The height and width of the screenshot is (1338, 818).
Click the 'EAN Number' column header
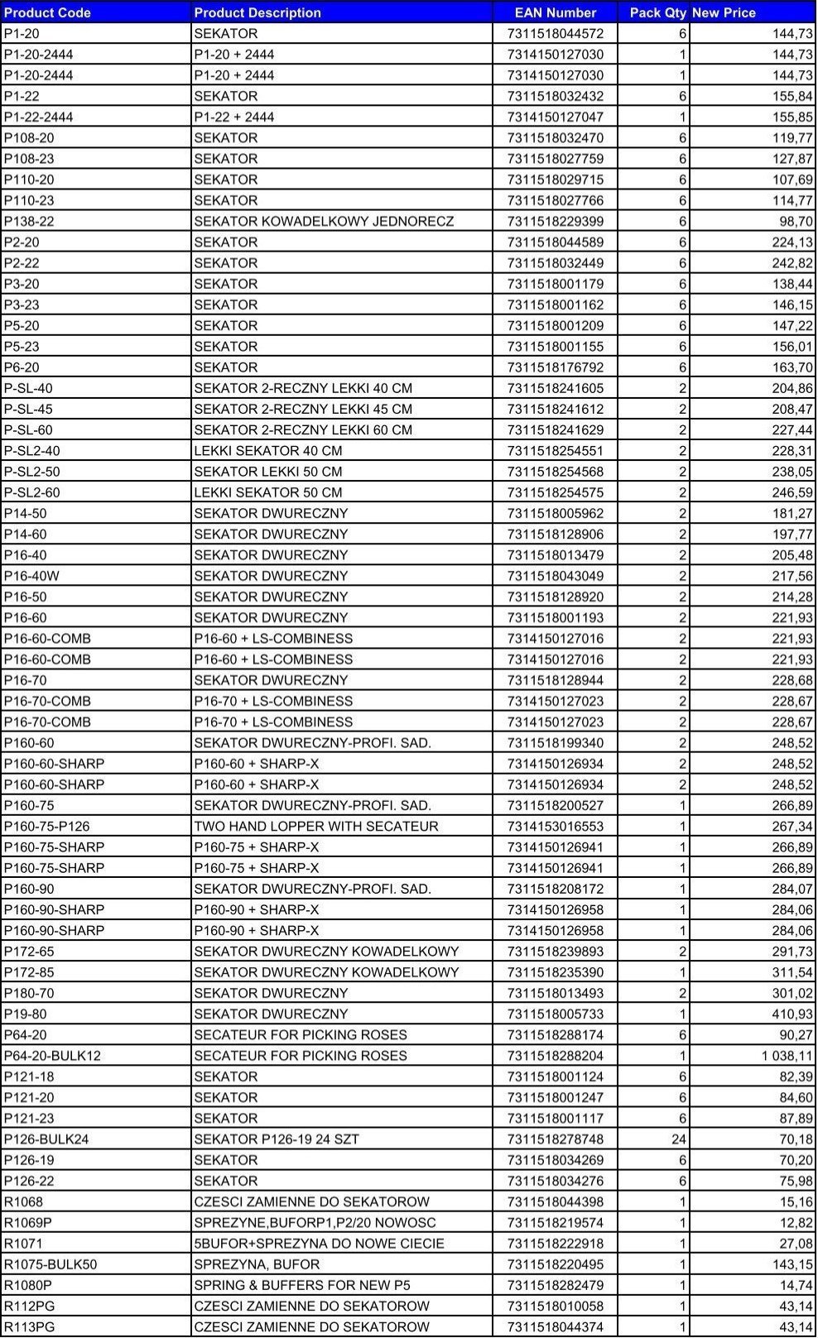555,12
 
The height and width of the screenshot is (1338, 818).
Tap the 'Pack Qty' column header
657,12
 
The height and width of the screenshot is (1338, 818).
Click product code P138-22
29,221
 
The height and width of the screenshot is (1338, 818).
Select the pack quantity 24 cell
678,1139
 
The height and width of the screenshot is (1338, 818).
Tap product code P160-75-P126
46,826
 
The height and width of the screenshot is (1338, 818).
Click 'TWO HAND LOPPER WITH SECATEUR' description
316,826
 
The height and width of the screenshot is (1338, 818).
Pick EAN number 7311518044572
555,33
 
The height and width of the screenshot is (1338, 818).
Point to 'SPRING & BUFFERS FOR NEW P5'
302,1285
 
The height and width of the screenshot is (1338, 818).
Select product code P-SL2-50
31,472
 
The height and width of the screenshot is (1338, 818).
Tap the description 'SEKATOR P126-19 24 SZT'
277,1139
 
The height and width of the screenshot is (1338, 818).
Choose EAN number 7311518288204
555,1056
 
